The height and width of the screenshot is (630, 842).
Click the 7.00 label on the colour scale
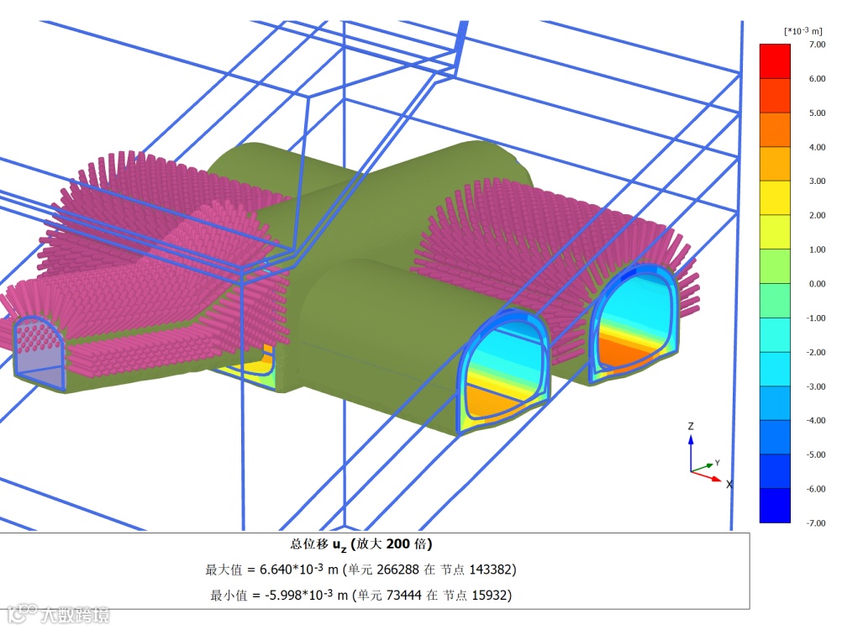(x=817, y=45)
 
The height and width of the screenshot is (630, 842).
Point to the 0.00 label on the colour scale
(x=817, y=284)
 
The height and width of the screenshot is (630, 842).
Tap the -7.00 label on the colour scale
(x=816, y=523)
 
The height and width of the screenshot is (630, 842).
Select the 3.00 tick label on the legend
(x=817, y=181)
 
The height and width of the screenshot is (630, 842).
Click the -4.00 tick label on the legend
(x=816, y=421)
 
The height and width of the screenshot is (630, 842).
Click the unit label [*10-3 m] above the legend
(x=803, y=31)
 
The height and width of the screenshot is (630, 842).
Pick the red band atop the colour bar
(x=775, y=61)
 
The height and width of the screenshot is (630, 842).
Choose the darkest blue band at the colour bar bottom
(x=775, y=506)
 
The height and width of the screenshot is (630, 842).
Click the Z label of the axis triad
(x=691, y=427)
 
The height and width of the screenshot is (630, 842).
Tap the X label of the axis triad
(x=729, y=485)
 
